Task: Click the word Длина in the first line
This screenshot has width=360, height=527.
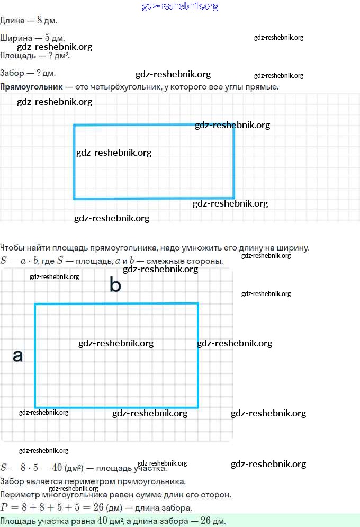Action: click(12, 21)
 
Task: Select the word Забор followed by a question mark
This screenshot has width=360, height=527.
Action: click(12, 73)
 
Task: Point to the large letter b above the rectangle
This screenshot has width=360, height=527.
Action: click(115, 285)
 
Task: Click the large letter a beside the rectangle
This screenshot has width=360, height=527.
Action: click(18, 356)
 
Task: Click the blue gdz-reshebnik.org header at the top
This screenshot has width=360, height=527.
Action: click(180, 6)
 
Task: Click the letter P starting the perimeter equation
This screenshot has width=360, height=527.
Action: click(4, 507)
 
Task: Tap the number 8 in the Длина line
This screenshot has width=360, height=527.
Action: click(39, 21)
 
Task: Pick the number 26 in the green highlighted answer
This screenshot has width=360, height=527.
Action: click(206, 521)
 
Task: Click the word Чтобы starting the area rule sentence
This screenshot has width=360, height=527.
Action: click(13, 247)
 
